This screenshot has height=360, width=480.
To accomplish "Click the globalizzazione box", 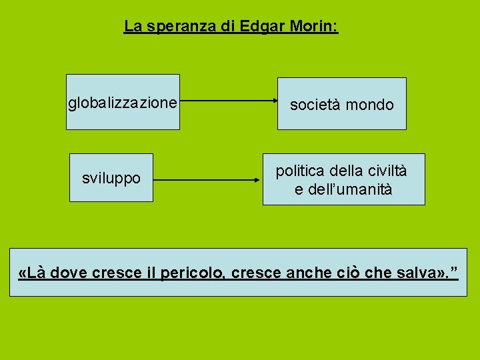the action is [123, 102].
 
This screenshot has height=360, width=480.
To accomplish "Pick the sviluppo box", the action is [111, 178].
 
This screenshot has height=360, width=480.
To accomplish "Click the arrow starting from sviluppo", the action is [207, 180].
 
